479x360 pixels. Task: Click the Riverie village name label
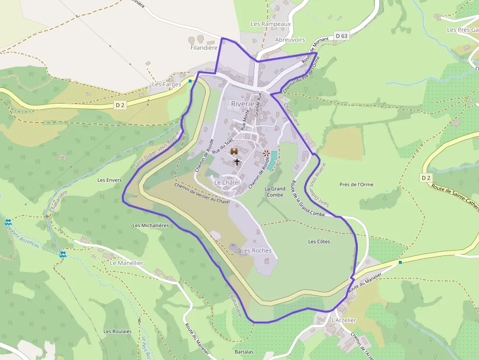click(243, 104)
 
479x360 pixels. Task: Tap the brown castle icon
click(234, 151)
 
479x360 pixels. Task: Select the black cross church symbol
click(237, 161)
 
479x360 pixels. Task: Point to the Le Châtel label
click(227, 182)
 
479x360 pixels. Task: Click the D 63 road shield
click(342, 36)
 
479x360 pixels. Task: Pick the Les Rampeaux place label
click(271, 24)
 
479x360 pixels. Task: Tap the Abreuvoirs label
click(290, 40)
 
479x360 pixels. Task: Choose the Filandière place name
click(204, 48)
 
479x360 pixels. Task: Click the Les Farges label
click(166, 84)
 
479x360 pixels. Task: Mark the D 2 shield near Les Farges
click(120, 105)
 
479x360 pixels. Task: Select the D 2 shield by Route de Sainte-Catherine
click(426, 178)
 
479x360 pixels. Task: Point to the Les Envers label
click(109, 180)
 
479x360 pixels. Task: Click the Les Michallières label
click(151, 225)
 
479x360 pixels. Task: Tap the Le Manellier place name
click(127, 262)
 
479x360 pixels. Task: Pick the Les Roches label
click(256, 251)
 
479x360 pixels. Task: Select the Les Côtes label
click(319, 241)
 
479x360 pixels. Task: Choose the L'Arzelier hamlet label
click(344, 320)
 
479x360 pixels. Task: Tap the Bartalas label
click(244, 352)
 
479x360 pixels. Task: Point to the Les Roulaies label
click(117, 331)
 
